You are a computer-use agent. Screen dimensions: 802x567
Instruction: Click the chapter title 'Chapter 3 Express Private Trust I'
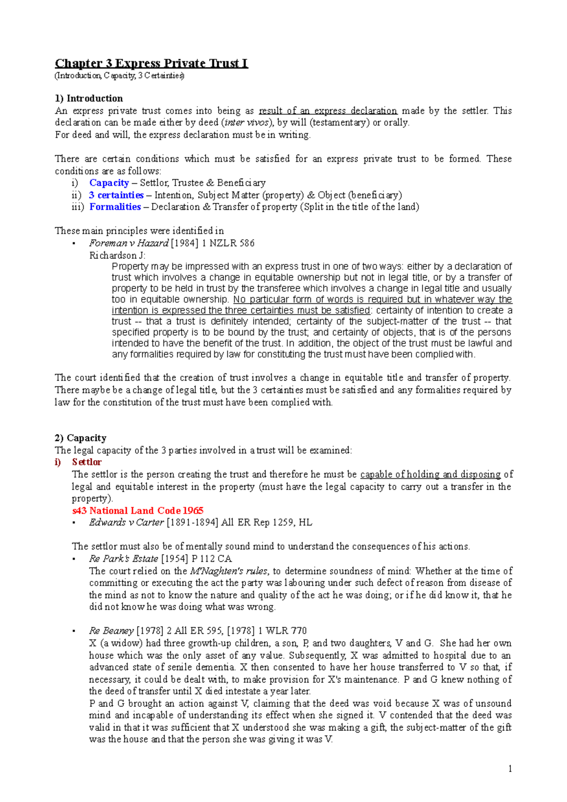(x=151, y=63)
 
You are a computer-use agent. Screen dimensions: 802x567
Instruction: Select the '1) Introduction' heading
(x=89, y=98)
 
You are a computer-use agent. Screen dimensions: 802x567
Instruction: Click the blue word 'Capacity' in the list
(x=109, y=183)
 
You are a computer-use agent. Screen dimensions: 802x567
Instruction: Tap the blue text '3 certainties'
(x=116, y=195)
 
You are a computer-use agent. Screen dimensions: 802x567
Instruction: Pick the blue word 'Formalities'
(x=115, y=207)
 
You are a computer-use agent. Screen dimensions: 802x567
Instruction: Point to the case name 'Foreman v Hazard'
(x=129, y=243)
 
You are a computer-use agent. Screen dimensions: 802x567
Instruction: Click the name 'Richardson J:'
(x=117, y=256)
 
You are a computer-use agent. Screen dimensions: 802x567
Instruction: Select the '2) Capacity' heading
(x=81, y=438)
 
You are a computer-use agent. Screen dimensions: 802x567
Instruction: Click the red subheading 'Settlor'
(x=86, y=462)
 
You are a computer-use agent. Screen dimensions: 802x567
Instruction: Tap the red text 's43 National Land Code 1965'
(x=137, y=511)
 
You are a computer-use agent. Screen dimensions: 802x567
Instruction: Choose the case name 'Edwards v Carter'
(x=126, y=522)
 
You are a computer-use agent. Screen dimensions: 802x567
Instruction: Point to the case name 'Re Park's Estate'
(x=123, y=559)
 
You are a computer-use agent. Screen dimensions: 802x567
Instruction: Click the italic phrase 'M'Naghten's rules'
(x=229, y=571)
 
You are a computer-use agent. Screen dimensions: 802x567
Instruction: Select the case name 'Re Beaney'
(x=111, y=631)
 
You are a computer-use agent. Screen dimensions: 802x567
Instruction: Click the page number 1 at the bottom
(x=510, y=769)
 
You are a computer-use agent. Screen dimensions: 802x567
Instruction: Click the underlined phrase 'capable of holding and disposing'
(x=430, y=474)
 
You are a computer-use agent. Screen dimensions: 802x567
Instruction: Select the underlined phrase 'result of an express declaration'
(x=328, y=111)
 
